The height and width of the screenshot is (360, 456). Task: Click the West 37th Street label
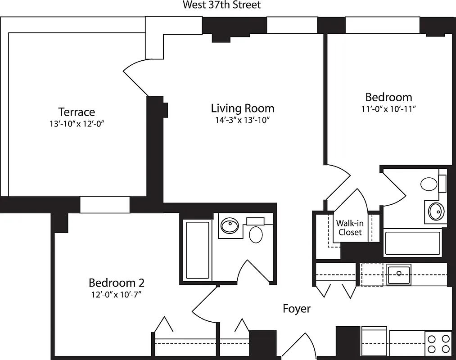(221, 5)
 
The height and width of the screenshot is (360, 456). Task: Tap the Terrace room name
(77, 112)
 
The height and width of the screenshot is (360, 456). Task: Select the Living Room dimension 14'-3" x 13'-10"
(243, 120)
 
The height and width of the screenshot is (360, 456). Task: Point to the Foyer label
(297, 309)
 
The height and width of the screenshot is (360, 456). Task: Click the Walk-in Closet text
(350, 228)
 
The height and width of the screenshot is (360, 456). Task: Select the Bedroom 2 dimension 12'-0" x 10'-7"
(116, 295)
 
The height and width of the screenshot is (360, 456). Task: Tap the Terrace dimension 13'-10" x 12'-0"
(77, 124)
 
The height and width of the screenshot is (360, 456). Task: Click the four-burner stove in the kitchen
(438, 343)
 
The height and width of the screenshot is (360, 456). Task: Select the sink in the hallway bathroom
(230, 225)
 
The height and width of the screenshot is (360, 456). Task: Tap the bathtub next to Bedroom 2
(198, 250)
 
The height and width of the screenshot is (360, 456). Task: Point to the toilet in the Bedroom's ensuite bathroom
(429, 184)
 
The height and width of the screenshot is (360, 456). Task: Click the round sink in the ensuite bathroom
(435, 211)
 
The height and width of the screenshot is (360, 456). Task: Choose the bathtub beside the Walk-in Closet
(413, 243)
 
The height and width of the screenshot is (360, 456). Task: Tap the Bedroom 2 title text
(116, 283)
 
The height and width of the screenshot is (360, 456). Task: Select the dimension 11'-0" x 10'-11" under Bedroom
(388, 109)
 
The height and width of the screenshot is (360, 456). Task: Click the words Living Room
(243, 108)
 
